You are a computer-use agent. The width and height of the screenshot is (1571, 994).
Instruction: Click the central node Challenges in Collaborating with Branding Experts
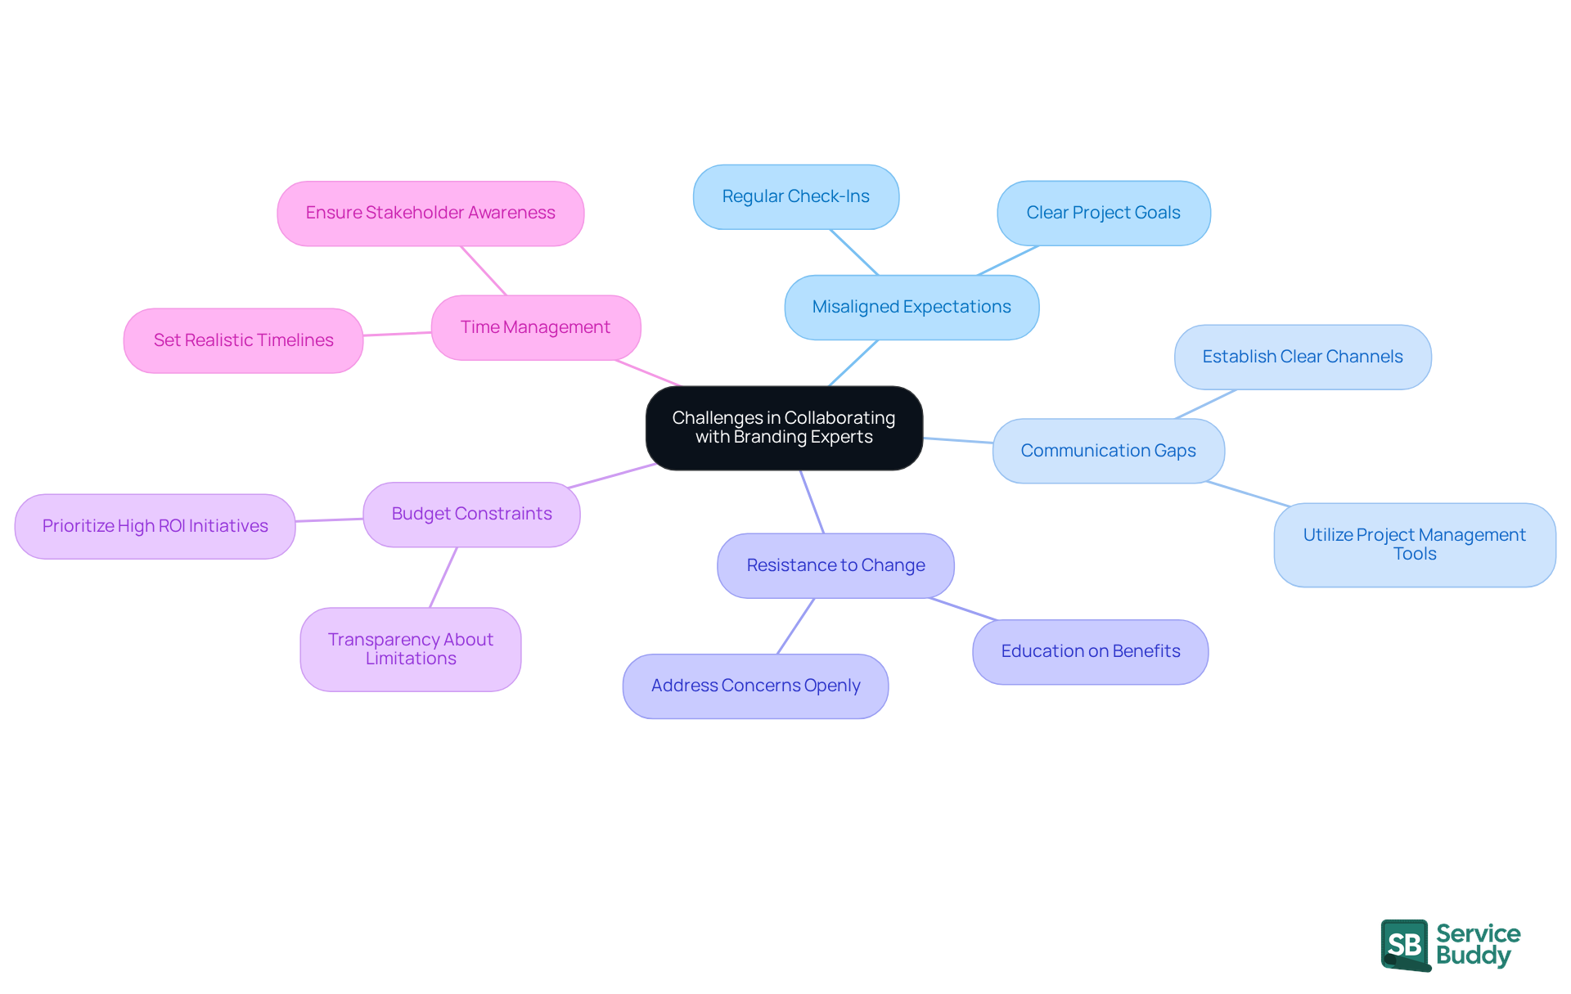tap(784, 428)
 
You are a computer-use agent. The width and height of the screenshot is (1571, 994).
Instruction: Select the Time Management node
tap(535, 327)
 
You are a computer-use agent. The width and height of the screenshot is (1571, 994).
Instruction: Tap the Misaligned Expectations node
tap(912, 307)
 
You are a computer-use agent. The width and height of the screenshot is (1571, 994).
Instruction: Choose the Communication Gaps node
tap(1108, 451)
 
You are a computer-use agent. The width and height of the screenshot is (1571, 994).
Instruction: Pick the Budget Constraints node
tap(471, 514)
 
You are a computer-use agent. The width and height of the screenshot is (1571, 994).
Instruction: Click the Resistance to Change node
tap(835, 565)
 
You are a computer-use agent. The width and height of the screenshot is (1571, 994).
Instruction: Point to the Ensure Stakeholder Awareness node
tap(430, 213)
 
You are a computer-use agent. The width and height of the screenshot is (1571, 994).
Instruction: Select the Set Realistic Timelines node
tap(243, 340)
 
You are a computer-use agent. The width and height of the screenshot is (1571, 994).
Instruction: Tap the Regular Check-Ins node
tap(795, 196)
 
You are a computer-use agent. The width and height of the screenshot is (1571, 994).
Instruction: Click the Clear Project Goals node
tap(1103, 213)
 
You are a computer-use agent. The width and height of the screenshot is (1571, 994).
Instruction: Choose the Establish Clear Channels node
tap(1302, 357)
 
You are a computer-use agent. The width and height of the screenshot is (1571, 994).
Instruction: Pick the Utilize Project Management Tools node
tap(1414, 544)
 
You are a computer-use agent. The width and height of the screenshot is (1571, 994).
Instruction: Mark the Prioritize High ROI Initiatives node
tap(155, 526)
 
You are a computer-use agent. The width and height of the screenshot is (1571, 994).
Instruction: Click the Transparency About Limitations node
tap(410, 649)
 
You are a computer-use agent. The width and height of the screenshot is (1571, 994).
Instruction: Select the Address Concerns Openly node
tap(755, 686)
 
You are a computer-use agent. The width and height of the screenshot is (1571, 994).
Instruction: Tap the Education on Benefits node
tap(1090, 651)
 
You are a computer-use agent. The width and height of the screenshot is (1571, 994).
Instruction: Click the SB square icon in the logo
tap(1405, 944)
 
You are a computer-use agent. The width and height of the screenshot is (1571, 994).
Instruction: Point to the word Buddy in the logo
tap(1473, 956)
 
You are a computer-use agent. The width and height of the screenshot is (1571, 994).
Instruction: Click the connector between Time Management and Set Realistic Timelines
tap(397, 334)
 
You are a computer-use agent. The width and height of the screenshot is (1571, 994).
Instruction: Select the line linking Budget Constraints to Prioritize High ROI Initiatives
tap(329, 520)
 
